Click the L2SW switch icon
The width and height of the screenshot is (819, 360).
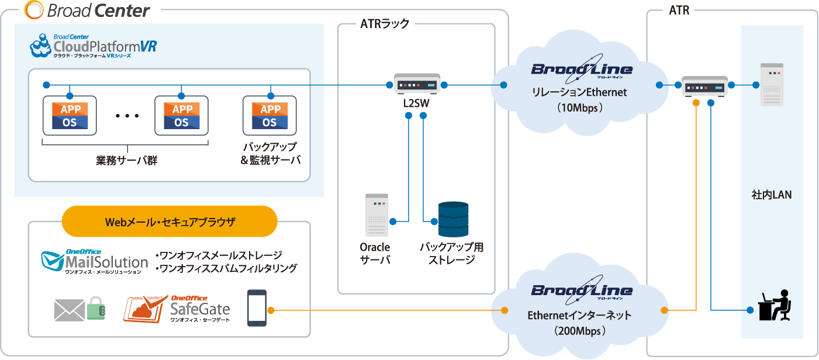point(416,84)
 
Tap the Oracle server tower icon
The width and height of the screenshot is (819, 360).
point(375,214)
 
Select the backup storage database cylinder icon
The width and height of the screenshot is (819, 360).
point(453,219)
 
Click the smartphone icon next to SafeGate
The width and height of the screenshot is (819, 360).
point(256,308)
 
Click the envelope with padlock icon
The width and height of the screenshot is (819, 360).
point(80,309)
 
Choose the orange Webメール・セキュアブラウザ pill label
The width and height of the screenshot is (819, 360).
point(169,221)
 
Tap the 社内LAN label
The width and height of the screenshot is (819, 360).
point(771,195)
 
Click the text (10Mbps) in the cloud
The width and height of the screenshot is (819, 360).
point(580,108)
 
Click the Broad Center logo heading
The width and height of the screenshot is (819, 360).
point(88,10)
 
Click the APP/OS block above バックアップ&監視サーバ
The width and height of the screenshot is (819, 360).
point(269,116)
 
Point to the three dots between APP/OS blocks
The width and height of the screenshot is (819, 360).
point(127,116)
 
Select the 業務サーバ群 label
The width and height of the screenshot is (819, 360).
point(127,160)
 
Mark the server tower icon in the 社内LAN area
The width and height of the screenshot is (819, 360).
point(772,85)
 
